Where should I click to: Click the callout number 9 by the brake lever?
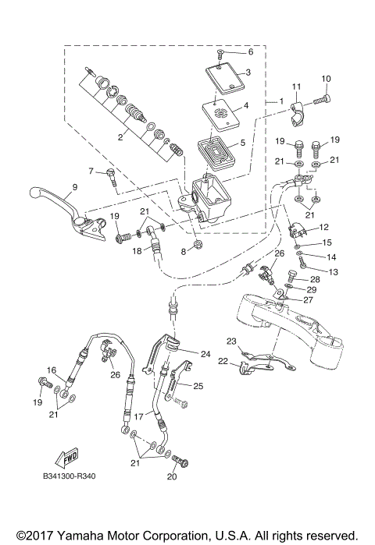(x=75, y=186)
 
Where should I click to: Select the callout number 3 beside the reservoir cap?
(x=247, y=73)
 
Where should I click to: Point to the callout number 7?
(x=91, y=171)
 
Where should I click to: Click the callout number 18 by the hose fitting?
(x=136, y=251)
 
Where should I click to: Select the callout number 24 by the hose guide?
(x=205, y=353)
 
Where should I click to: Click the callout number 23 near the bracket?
(x=230, y=341)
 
